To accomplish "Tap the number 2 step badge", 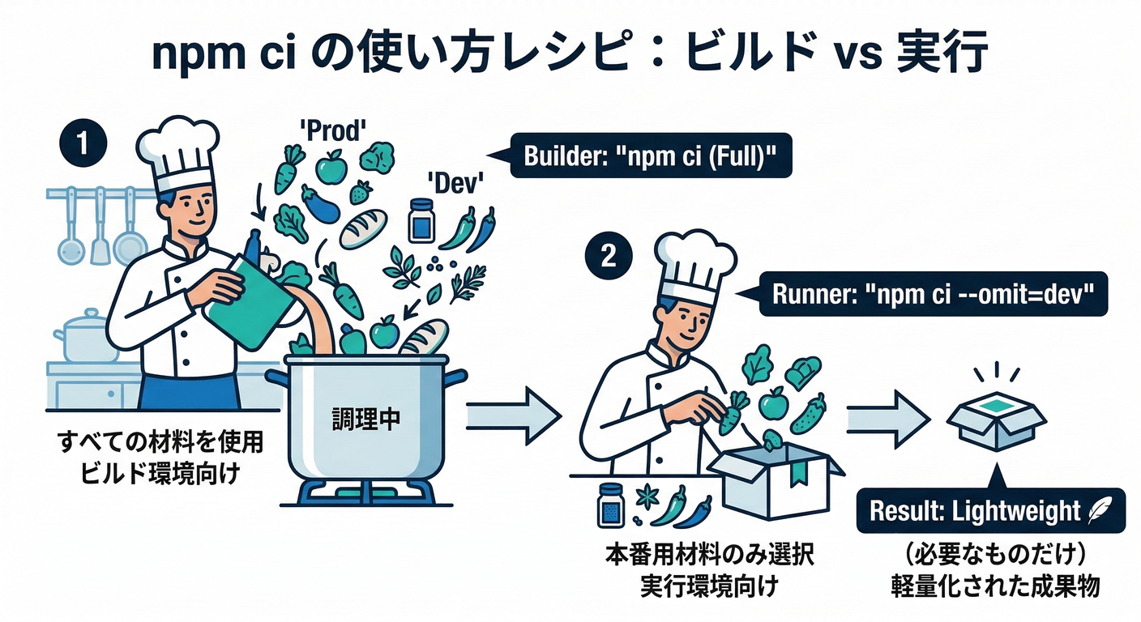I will point(607,257).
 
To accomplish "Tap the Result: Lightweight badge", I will point(989,510).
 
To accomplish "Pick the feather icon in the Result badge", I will point(1099,510).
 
